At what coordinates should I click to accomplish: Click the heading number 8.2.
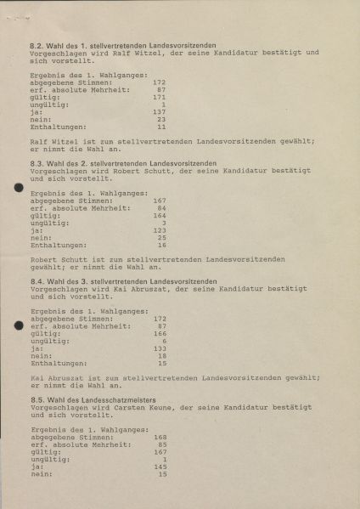(37, 42)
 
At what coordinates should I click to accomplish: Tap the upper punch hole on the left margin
(20, 188)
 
